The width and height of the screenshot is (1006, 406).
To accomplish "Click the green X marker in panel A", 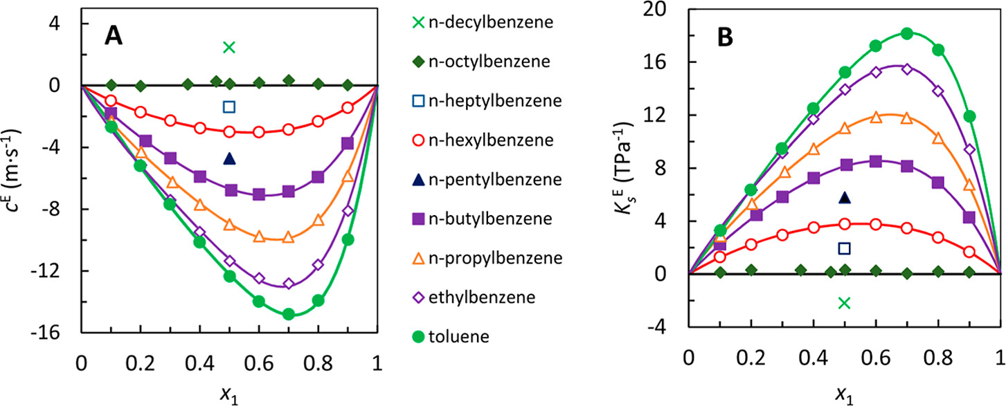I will pyautogui.click(x=229, y=47).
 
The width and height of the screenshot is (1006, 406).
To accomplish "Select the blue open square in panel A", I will pyautogui.click(x=229, y=107).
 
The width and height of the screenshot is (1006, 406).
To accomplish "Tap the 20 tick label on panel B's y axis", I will pyautogui.click(x=667, y=9).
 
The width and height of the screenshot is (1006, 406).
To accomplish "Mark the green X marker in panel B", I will pyautogui.click(x=844, y=302).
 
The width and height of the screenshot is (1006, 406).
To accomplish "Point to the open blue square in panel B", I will pyautogui.click(x=844, y=248).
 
